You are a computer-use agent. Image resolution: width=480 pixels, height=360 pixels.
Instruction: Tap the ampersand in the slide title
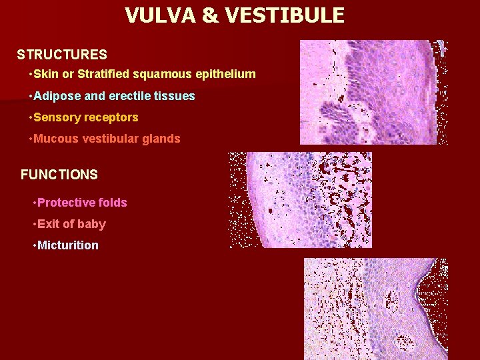211,15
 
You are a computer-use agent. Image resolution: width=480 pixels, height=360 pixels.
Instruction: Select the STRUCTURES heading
62,54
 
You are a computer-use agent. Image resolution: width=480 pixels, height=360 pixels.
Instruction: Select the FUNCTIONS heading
59,175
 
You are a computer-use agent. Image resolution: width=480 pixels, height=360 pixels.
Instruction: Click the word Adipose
57,96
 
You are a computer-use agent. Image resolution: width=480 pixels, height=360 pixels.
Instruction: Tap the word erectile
129,96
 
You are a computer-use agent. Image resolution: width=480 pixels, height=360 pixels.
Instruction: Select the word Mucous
54,139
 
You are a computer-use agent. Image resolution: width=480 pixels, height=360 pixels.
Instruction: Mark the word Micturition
68,245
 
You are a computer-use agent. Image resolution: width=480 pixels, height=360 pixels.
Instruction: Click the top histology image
373,92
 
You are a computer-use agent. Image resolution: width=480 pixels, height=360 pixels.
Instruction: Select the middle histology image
301,200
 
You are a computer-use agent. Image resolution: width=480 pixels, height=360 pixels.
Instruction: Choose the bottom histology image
376,309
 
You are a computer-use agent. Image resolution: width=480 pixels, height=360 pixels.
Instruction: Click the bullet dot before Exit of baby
34,224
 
